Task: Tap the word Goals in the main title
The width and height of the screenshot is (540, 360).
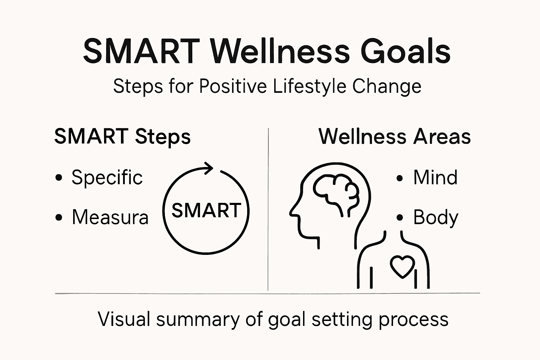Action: [406, 52]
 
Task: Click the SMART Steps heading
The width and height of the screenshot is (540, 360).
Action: [122, 137]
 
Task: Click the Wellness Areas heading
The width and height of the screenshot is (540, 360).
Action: [394, 137]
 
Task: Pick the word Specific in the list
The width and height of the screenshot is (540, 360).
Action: [107, 177]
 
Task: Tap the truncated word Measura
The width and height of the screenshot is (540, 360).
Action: [110, 217]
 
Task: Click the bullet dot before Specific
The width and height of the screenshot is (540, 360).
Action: [59, 178]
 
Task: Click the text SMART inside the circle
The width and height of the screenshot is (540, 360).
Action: [206, 210]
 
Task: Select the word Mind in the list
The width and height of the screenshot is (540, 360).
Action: [435, 177]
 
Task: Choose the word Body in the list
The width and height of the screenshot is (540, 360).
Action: [436, 218]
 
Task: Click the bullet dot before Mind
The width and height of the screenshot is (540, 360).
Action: [399, 178]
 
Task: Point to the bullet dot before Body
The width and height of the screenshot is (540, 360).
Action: [399, 218]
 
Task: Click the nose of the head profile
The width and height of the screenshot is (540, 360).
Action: [291, 213]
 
